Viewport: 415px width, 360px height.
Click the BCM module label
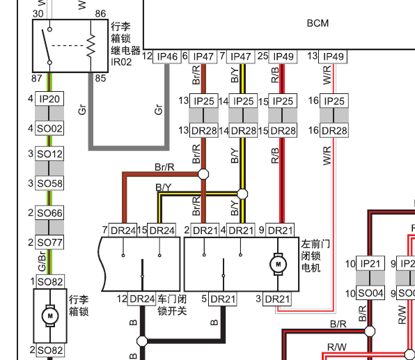pos(318,23)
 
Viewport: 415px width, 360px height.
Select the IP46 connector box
pos(167,56)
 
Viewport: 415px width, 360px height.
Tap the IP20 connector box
pos(49,99)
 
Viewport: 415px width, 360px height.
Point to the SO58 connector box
pos(49,183)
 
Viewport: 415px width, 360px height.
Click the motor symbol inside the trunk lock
pos(50,315)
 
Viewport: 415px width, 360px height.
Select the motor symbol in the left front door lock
pos(278,264)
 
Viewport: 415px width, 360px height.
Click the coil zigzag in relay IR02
pos(91,45)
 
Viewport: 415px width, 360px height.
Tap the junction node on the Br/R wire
pos(203,174)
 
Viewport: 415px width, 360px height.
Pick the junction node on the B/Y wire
pos(242,194)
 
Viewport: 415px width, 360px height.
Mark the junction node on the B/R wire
pos(370,331)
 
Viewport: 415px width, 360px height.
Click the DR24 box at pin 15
pos(162,230)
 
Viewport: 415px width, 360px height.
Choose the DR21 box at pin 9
pos(280,230)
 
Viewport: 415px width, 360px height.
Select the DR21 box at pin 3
pos(277,299)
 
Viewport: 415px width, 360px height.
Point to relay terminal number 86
pos(100,14)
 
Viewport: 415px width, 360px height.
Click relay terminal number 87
pos(36,79)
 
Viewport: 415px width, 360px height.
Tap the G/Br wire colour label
pos(42,261)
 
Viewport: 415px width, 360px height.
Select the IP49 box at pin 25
pos(283,56)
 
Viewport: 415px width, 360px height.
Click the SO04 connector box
pos(370,292)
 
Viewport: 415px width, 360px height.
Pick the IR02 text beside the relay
pos(121,62)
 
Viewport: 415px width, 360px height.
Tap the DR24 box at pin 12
pos(142,299)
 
